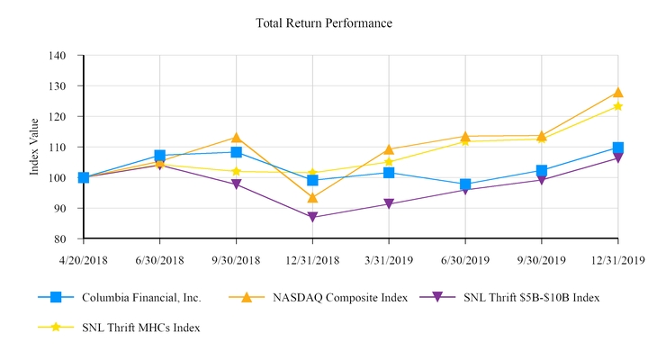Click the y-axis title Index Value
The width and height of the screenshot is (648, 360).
click(x=34, y=147)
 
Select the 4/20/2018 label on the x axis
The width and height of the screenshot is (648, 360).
click(x=83, y=259)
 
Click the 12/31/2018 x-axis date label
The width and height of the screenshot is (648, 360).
click(x=312, y=259)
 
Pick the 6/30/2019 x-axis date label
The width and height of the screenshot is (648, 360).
click(x=465, y=259)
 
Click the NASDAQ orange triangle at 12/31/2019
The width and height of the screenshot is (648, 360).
click(x=618, y=92)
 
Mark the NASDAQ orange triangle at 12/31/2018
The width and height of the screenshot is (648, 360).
click(x=312, y=197)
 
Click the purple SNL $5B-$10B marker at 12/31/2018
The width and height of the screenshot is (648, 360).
click(x=312, y=217)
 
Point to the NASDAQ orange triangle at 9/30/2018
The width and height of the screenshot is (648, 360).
click(x=236, y=138)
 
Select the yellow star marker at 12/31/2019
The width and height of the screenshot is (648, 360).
click(x=618, y=106)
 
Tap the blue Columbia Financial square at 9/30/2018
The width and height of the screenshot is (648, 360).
click(x=236, y=152)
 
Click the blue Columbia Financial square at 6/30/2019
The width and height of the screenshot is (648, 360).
click(x=465, y=184)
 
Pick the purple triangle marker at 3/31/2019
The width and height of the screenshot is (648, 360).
click(x=389, y=204)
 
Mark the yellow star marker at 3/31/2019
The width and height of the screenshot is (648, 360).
click(x=389, y=162)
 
